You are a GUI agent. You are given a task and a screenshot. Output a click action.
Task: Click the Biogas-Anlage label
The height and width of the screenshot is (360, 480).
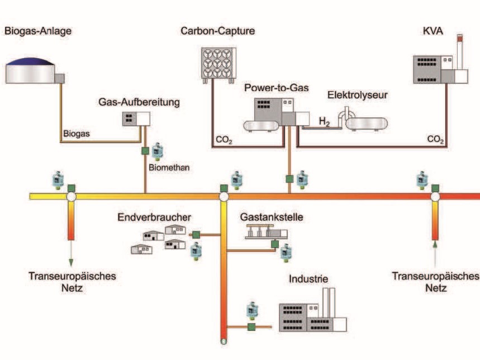tap(38, 31)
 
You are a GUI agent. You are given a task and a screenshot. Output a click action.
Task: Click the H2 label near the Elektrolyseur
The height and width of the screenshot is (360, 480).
tap(325, 120)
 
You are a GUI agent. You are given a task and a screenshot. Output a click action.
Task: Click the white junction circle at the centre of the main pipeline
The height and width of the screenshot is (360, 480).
tap(224, 197)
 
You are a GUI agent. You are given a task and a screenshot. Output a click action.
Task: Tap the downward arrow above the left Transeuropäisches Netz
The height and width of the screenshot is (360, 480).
tap(71, 260)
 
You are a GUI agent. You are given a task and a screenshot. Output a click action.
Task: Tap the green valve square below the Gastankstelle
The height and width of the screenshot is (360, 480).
tap(274, 244)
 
